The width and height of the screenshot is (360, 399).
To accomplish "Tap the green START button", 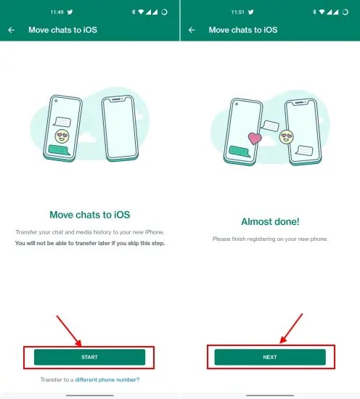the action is tap(89, 357).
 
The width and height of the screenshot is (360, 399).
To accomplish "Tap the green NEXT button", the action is tap(270, 357).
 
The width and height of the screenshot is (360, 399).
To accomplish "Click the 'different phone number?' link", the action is tap(107, 379).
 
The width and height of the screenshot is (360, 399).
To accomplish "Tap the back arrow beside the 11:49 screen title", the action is tap(12, 30).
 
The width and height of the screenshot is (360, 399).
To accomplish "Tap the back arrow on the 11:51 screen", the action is tap(192, 30).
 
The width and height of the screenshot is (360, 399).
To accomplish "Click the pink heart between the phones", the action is tap(255, 138).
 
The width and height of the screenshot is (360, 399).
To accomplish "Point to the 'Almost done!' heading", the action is tap(270, 222).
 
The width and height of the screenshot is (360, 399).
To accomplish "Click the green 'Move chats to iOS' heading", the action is tap(89, 215).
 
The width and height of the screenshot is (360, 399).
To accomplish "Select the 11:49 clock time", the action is tap(57, 12).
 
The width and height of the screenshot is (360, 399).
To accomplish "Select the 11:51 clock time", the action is tap(237, 12).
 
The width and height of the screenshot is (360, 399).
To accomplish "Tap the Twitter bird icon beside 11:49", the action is tap(70, 12).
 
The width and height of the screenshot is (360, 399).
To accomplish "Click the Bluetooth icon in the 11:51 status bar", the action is tap(314, 12).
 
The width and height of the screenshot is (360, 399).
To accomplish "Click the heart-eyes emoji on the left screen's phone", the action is tap(62, 136).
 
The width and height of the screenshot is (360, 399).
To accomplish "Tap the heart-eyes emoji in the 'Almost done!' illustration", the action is tap(286, 136).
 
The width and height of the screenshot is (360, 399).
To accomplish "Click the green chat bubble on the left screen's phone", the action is tap(60, 150).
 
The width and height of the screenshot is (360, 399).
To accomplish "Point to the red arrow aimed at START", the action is tap(69, 331).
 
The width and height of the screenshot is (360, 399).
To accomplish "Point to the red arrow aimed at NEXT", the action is tap(291, 329).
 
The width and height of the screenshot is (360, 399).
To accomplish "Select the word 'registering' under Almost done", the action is tap(255, 239).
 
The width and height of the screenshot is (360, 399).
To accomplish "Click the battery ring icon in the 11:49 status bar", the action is tap(165, 12).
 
